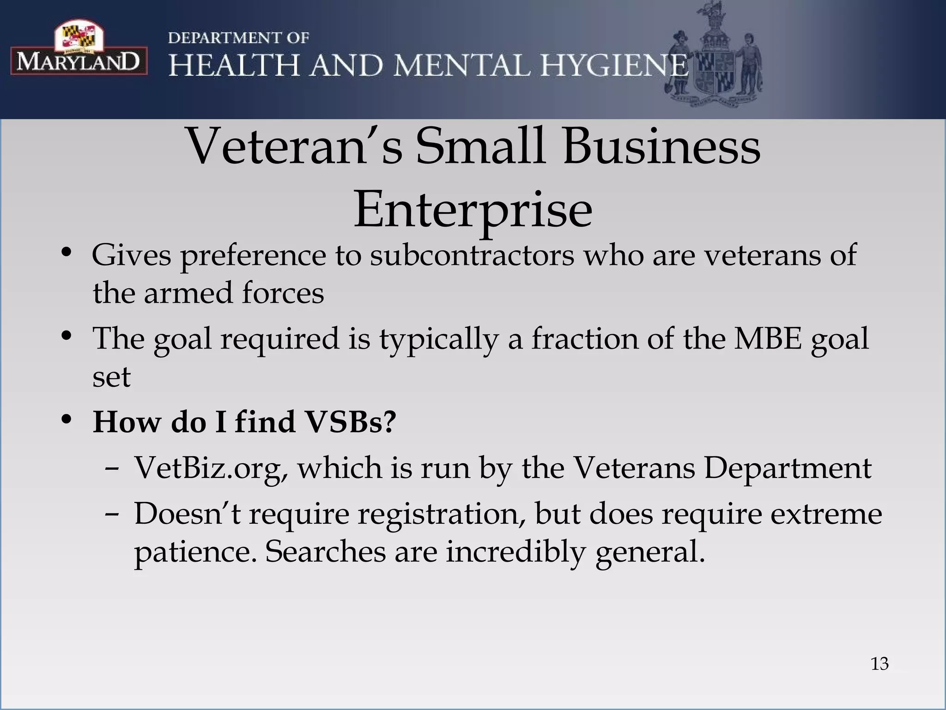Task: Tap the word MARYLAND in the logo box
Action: (x=79, y=61)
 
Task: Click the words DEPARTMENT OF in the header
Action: (x=238, y=38)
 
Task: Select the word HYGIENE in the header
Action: (x=614, y=65)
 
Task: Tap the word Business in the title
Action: (x=661, y=147)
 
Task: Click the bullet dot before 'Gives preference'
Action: (x=67, y=253)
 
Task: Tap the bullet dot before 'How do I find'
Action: (x=67, y=419)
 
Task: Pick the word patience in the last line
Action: (x=194, y=552)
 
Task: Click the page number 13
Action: (x=879, y=664)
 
